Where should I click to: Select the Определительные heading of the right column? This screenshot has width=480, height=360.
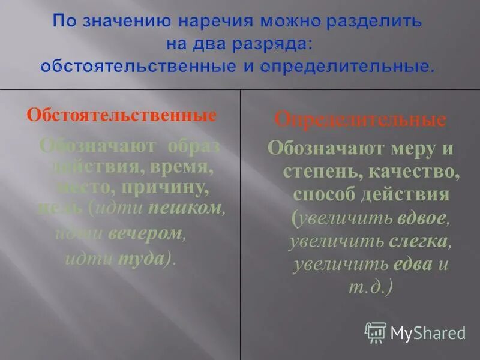(x=360, y=119)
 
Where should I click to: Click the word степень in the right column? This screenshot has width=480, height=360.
(x=315, y=172)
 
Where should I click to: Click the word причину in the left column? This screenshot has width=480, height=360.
(x=173, y=188)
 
